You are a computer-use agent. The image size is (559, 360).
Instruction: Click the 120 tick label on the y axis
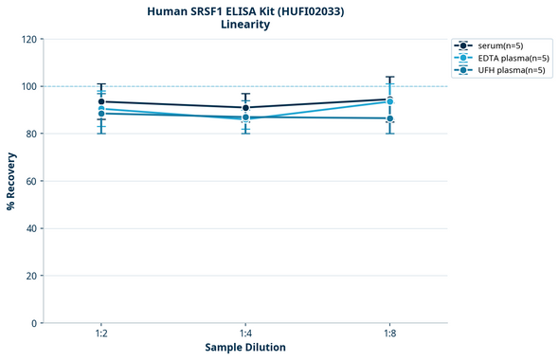point(28,39)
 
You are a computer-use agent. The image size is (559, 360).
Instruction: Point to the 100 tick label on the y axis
point(28,86)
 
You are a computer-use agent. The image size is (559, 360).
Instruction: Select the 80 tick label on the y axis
point(31,134)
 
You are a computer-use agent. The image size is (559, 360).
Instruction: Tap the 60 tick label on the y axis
point(31,181)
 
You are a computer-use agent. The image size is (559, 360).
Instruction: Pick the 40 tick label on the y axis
point(31,228)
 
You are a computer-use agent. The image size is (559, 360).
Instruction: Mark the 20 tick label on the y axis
point(31,276)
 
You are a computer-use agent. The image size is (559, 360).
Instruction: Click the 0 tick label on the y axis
point(34,323)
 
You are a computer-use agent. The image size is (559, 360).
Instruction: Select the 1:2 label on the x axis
point(101,334)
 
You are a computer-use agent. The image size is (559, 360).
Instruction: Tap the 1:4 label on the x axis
point(245,334)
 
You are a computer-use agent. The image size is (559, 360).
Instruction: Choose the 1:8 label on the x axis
point(389,334)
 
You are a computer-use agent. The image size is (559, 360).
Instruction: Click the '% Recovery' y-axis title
point(11,181)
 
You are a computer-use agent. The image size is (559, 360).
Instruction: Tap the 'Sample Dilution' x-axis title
point(245,348)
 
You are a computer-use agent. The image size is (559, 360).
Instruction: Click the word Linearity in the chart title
point(244,25)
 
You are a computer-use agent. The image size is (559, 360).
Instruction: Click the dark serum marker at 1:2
point(101,101)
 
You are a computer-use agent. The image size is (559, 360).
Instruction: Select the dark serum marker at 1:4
point(245,108)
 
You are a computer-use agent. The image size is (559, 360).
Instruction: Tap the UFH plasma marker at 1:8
point(389,118)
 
